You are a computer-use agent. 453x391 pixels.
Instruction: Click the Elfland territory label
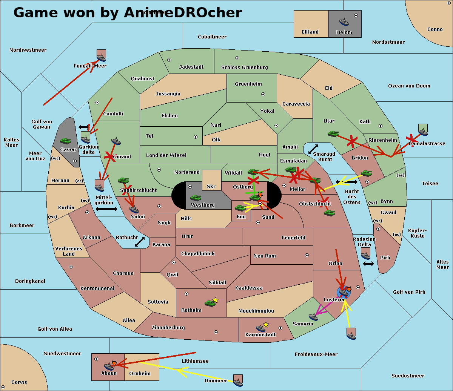310,32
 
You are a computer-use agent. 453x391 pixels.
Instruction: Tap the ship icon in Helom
344,21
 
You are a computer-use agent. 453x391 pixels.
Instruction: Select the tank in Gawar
66,141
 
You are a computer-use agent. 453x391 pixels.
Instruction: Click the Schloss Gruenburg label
244,67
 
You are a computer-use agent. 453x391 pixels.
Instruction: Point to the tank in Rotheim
210,303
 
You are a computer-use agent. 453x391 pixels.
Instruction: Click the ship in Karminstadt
260,328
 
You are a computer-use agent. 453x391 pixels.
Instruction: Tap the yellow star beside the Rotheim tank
216,300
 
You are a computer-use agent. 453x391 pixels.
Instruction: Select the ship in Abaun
109,366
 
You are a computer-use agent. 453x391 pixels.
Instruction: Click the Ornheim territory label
140,374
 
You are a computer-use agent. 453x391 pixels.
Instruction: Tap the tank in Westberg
196,198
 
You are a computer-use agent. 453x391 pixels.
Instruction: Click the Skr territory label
211,187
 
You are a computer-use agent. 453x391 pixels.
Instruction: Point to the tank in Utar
333,134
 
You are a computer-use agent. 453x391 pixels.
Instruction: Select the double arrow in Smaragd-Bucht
313,149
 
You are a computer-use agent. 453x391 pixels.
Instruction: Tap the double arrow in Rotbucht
140,242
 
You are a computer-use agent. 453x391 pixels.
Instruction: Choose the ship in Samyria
313,316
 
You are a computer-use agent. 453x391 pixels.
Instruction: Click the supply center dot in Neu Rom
307,255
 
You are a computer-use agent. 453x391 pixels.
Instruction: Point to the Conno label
435,29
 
